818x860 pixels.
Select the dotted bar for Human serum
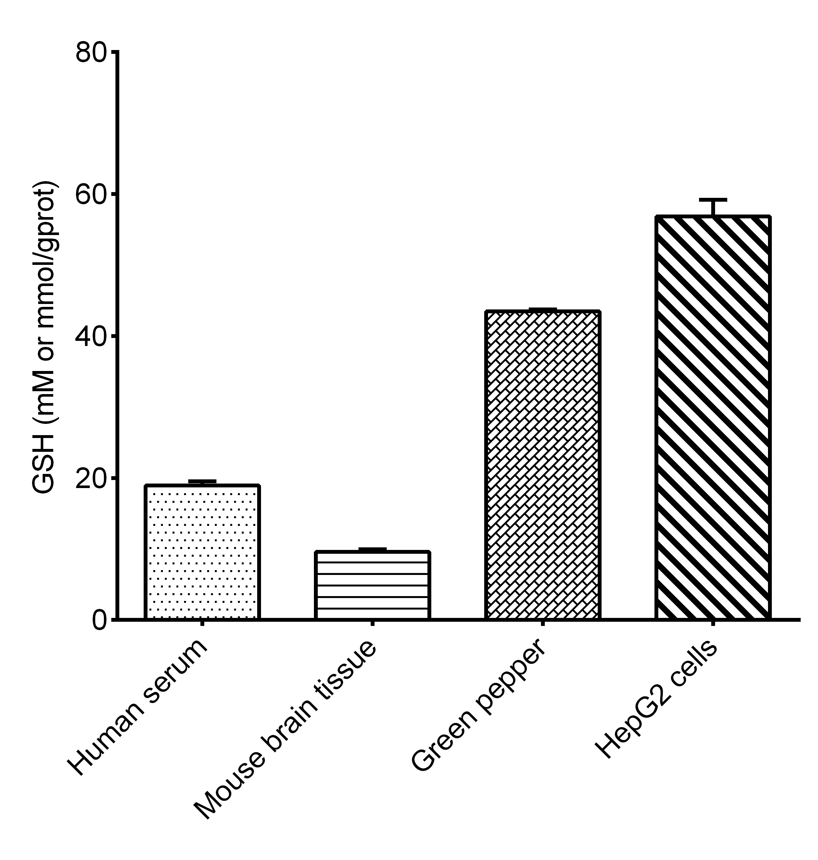pos(202,552)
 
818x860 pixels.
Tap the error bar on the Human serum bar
pos(202,481)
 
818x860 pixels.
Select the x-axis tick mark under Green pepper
pos(543,624)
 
